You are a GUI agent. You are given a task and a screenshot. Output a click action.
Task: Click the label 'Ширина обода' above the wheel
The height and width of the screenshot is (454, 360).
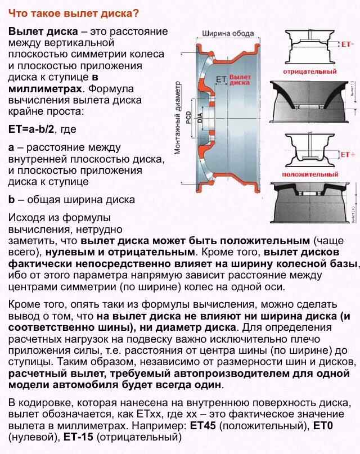tap(228, 34)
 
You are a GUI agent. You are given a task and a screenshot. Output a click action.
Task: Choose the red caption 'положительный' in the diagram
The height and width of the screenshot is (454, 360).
tap(309, 175)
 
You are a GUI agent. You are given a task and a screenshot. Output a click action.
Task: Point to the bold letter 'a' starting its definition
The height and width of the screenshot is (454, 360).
tap(11, 148)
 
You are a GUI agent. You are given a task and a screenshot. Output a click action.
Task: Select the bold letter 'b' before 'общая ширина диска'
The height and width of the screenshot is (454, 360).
tap(11, 199)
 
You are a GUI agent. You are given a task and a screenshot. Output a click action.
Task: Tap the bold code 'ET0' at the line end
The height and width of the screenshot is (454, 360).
tap(323, 426)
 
